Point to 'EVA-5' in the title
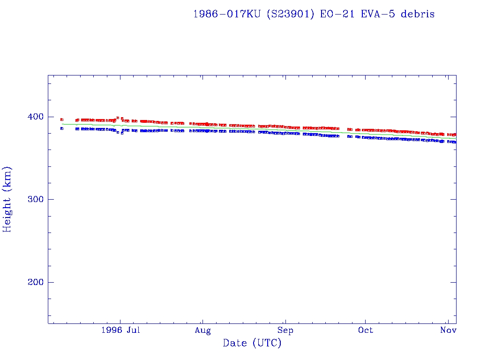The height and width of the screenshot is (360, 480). click(x=375, y=14)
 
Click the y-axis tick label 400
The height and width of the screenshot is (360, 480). click(x=36, y=117)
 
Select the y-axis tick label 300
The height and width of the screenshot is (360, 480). click(x=36, y=200)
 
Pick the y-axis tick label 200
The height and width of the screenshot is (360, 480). click(x=36, y=283)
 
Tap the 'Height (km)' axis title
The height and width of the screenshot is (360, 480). click(x=7, y=199)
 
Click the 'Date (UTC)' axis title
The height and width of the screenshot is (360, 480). click(x=252, y=344)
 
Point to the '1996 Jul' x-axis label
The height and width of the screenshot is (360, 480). click(x=120, y=330)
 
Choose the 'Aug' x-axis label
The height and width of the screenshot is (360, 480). click(x=202, y=330)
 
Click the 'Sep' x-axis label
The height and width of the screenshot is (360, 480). click(x=285, y=330)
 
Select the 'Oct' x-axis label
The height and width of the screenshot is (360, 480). click(x=365, y=330)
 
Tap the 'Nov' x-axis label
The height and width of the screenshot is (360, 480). click(x=449, y=330)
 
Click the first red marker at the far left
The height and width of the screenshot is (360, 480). click(x=62, y=120)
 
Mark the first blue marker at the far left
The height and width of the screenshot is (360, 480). click(x=62, y=128)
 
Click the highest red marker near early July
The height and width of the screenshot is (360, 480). click(x=118, y=118)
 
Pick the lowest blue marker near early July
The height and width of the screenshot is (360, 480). click(x=122, y=133)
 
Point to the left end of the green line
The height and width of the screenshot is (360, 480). click(x=62, y=124)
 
